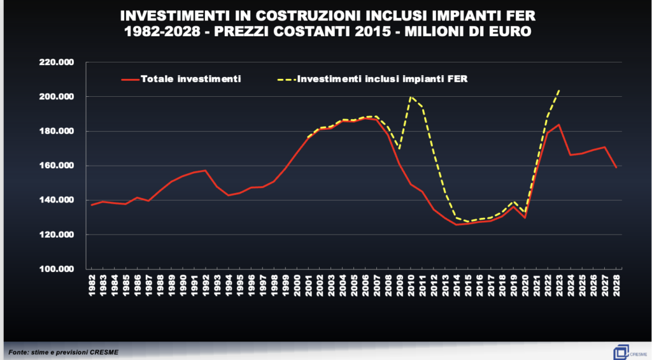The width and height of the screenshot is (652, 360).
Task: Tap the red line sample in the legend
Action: (129, 79)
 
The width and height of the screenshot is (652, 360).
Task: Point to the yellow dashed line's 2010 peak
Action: (411, 97)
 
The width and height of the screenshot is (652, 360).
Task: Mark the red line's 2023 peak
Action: (559, 124)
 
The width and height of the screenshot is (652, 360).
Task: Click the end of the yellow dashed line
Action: (559, 90)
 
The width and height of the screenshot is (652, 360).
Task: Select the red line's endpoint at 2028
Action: (616, 168)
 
